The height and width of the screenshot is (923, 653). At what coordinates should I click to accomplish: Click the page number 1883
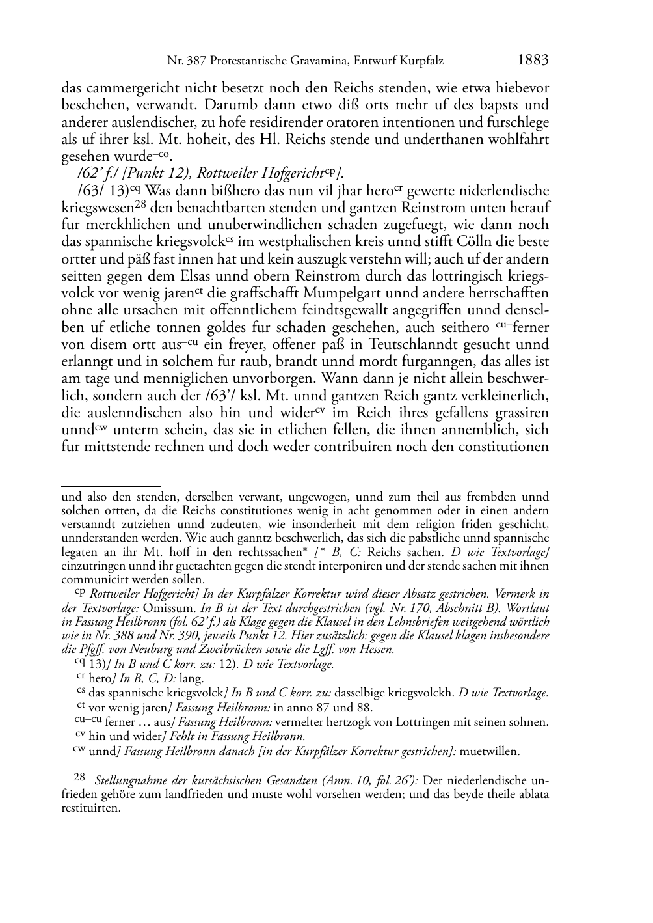pos(533,61)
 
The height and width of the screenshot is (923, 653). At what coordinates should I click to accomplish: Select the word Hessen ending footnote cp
pos(377,650)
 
